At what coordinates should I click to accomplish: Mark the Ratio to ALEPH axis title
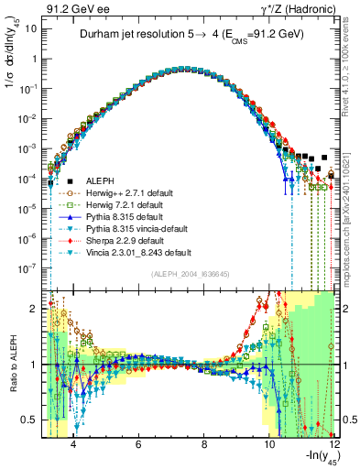point(12,364)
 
